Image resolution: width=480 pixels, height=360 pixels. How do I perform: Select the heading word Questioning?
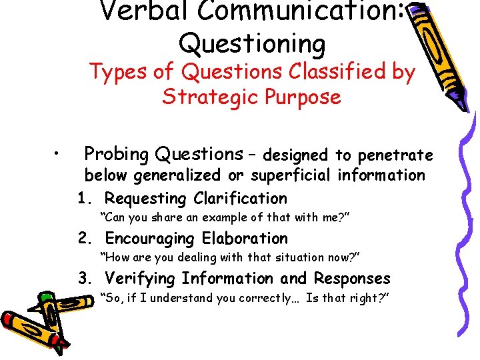pyautogui.click(x=252, y=44)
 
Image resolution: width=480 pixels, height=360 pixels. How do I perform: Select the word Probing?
pyautogui.click(x=116, y=155)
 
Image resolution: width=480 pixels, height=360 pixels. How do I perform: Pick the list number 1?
pyautogui.click(x=83, y=199)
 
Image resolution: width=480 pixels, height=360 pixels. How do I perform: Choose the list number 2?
pyautogui.click(x=84, y=239)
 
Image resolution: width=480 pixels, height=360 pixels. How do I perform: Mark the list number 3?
pyautogui.click(x=84, y=279)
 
